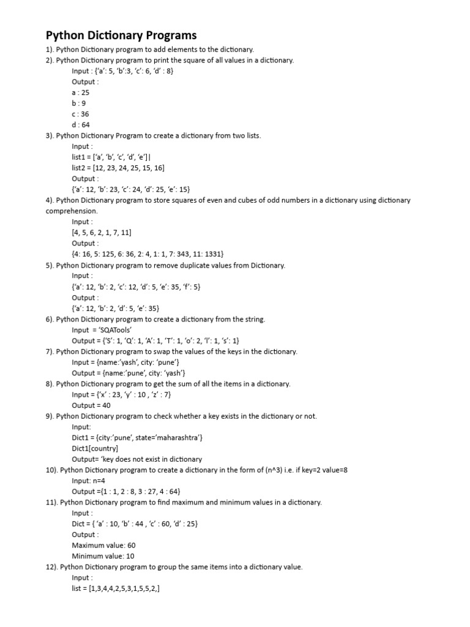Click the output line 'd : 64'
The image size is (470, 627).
[x=81, y=124]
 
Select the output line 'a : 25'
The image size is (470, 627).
[x=81, y=92]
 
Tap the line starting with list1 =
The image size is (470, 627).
[x=111, y=157]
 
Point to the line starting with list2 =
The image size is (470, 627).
[x=117, y=168]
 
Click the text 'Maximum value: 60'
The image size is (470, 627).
[x=103, y=545]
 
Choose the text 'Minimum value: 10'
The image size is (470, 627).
[x=103, y=556]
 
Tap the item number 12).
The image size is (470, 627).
[x=52, y=567]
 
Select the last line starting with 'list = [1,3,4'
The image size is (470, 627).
[x=116, y=588]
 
